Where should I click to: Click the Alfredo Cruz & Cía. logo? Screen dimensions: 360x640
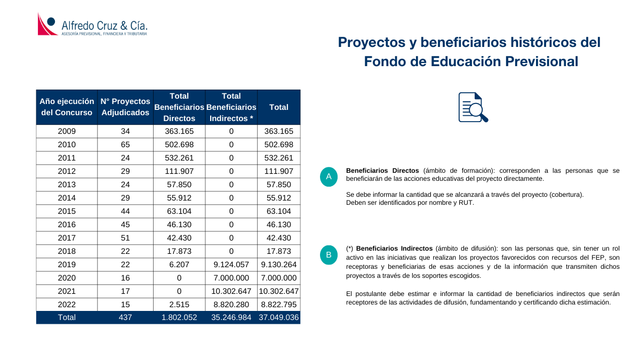pos(92,25)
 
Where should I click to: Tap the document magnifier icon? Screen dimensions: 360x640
pos(473,107)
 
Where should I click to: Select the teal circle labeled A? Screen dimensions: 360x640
pos(329,177)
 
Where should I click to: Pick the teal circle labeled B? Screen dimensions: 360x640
pos(329,255)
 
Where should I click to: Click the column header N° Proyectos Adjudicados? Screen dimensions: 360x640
pos(125,107)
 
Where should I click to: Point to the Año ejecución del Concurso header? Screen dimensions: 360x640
pos(67,107)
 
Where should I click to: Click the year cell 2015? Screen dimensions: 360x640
pos(67,211)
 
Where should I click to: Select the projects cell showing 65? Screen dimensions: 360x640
pos(125,145)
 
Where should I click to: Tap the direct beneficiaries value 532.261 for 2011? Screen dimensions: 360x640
pos(179,158)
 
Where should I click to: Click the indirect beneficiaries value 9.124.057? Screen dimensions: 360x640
pos(231,265)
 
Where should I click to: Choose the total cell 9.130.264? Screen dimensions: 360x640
pos(279,265)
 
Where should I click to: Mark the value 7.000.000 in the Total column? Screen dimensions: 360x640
pos(279,278)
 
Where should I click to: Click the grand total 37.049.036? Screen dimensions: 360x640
pos(279,317)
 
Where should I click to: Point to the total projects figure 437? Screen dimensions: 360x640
pos(125,317)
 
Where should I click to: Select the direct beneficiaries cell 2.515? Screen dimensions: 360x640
pos(179,305)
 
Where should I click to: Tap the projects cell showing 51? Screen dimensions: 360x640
pos(125,238)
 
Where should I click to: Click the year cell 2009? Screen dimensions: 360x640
pos(67,131)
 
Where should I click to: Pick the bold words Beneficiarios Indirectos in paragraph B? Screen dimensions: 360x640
pos(394,249)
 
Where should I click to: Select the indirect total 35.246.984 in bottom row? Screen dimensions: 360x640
pos(231,317)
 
